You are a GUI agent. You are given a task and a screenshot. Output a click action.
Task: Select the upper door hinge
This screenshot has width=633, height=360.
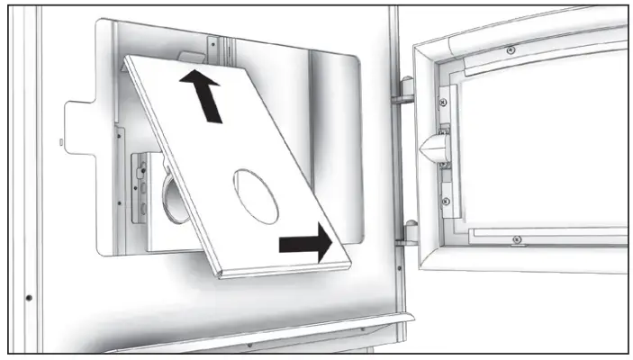[404, 90]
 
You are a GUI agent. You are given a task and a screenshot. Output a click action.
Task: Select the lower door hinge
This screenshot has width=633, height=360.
[407, 232]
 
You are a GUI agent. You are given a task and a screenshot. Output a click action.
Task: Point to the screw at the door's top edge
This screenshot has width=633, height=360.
[511, 49]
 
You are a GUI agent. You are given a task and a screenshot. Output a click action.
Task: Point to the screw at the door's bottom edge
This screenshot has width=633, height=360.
[515, 239]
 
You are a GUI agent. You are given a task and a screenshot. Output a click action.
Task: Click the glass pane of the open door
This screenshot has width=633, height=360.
[540, 144]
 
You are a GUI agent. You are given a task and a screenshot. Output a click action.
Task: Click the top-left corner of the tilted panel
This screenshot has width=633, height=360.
[129, 58]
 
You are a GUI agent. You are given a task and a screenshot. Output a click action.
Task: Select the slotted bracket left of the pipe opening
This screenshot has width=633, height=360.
[139, 189]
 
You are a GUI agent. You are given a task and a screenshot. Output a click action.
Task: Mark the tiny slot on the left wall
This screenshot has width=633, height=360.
[60, 141]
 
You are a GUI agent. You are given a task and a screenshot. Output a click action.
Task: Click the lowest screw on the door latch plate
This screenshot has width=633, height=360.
[445, 202]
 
